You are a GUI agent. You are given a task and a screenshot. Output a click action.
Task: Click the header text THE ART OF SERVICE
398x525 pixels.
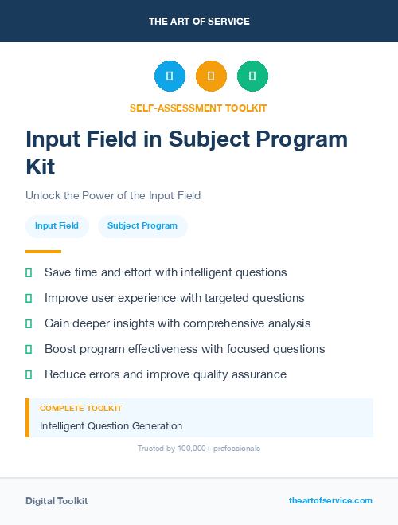[x=199, y=22]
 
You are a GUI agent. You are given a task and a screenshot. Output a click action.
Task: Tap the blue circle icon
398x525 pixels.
[x=170, y=76]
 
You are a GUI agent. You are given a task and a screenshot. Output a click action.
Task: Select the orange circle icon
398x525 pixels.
[x=211, y=76]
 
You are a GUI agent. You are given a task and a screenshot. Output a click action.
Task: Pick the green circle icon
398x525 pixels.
[x=252, y=76]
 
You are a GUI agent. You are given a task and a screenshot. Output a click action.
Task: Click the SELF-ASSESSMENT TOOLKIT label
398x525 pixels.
[x=199, y=108]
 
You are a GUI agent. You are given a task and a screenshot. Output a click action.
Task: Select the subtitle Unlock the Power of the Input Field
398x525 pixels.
[x=113, y=195]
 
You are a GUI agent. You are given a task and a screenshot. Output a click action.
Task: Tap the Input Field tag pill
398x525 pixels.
[x=57, y=226]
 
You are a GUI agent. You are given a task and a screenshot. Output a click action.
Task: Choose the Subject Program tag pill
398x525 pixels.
[x=142, y=226]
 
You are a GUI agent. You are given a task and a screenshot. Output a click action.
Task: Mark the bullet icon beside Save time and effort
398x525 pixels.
[x=29, y=272]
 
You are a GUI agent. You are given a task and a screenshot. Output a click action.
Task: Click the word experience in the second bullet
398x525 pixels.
[x=152, y=298]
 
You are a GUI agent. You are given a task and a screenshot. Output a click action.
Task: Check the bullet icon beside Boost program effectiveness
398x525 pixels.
[x=29, y=349]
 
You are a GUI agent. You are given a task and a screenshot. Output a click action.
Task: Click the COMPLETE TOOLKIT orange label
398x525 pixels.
[x=80, y=408]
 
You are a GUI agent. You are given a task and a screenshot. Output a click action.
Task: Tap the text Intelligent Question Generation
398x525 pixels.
[x=111, y=426]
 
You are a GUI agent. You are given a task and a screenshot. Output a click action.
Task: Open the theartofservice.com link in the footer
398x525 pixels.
[x=330, y=500]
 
